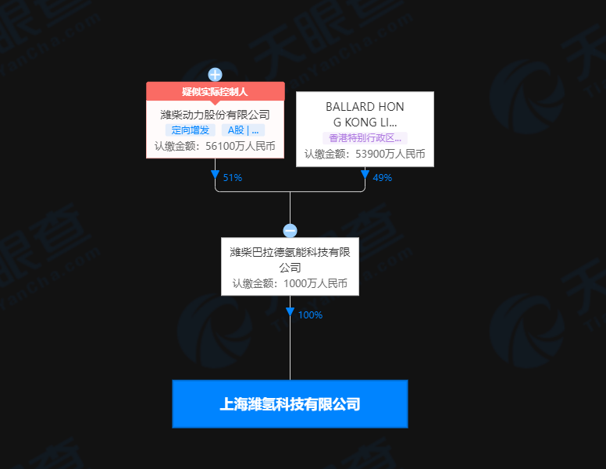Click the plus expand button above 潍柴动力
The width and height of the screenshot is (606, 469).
click(x=215, y=75)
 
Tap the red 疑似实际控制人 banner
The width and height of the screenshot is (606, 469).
click(x=215, y=91)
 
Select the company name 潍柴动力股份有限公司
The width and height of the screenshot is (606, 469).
click(x=215, y=115)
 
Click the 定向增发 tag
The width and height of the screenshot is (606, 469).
click(x=191, y=130)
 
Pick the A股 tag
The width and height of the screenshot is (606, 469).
click(x=242, y=130)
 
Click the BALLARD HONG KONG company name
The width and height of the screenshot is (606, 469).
click(x=365, y=114)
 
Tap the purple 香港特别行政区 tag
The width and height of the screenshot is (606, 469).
click(x=365, y=137)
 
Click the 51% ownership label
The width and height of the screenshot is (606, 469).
click(x=233, y=178)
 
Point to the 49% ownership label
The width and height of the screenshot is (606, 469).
click(x=382, y=178)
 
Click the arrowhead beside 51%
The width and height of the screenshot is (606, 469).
click(x=215, y=174)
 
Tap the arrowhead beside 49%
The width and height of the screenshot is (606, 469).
click(x=365, y=174)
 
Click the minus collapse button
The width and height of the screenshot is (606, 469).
click(x=290, y=231)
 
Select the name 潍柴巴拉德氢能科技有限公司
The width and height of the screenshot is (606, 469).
click(x=290, y=259)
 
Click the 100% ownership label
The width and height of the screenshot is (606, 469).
click(x=310, y=315)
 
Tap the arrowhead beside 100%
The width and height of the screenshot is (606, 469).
click(x=290, y=312)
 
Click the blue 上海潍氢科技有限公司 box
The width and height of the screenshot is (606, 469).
click(x=290, y=404)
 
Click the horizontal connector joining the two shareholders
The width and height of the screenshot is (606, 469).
click(x=328, y=191)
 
